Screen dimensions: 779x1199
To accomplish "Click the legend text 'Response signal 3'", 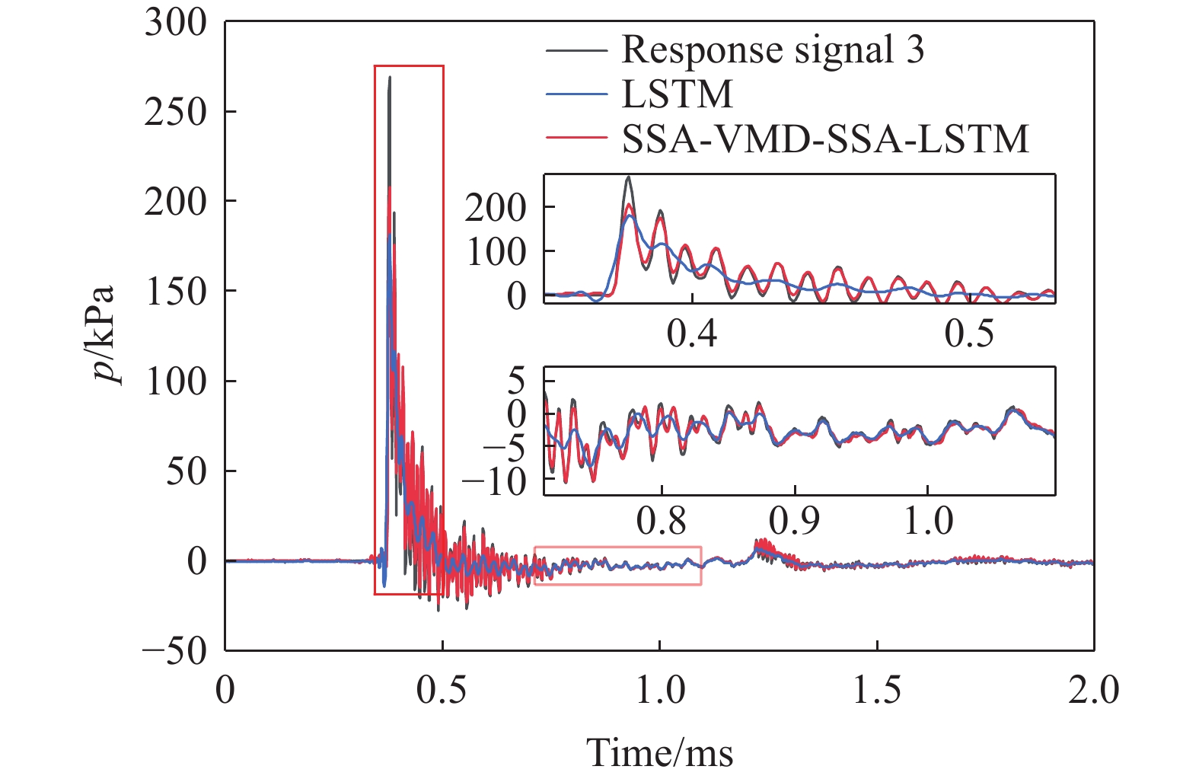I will (773, 49).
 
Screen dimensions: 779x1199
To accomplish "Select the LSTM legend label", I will (677, 94).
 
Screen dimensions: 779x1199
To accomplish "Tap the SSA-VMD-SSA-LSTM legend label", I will (825, 139).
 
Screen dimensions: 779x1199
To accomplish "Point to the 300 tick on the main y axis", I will (176, 23).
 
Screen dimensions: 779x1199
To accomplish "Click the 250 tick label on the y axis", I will (176, 112).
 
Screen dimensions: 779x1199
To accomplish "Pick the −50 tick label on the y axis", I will (174, 650).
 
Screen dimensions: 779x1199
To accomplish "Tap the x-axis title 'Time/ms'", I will (659, 752).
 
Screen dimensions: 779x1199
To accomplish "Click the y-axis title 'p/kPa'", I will (103, 335).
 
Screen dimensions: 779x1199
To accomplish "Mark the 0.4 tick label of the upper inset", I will (691, 333).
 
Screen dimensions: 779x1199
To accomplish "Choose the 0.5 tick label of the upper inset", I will (969, 333).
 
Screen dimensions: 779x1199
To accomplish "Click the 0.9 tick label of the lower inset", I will (794, 521).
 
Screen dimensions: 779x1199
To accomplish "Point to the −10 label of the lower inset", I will (496, 480).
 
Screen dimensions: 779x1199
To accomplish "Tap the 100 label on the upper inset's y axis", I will (496, 252).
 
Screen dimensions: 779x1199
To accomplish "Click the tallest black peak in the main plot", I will (390, 78).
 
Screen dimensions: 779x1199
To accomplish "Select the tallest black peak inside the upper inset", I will (629, 178).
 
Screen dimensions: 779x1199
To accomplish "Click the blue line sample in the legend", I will (576, 94).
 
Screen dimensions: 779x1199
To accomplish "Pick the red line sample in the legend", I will (576, 139).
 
